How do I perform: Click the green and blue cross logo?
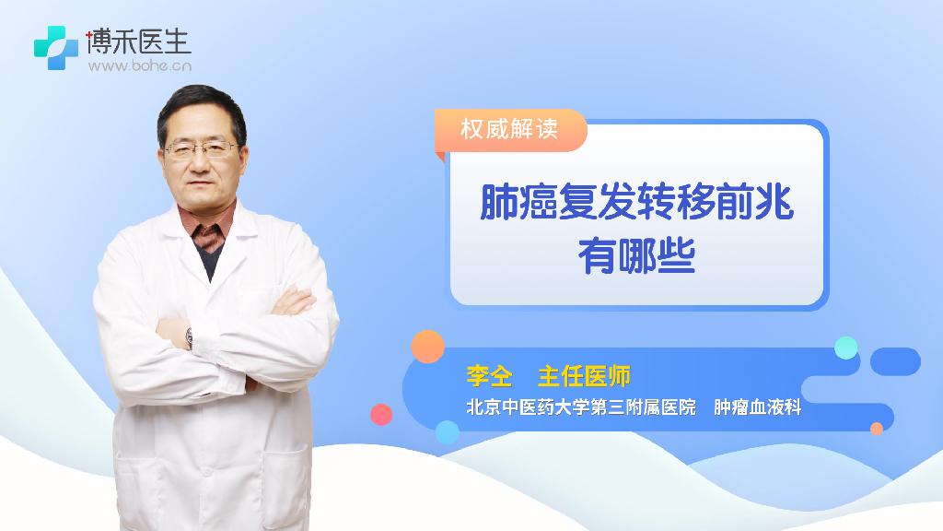coord(56,48)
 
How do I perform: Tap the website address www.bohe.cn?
coord(140,65)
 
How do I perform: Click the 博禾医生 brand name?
coord(139,41)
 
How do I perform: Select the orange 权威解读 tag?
coord(510,129)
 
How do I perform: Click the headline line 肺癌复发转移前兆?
coord(637,202)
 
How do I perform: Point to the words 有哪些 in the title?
coord(637,256)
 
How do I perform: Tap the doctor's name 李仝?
coord(490,376)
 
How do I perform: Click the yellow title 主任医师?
coord(584,376)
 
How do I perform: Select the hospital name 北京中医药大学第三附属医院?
coord(581,407)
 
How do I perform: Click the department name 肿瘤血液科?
coord(758,407)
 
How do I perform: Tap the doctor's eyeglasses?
coord(201,148)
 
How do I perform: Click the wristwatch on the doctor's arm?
coord(189,338)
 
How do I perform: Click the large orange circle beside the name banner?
coord(427,347)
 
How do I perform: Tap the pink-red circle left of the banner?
coord(381,414)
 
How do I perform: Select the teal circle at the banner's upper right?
coord(846,348)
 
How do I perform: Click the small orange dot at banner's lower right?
coord(877,429)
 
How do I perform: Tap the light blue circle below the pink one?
coord(448,432)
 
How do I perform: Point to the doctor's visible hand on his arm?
coord(294,301)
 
